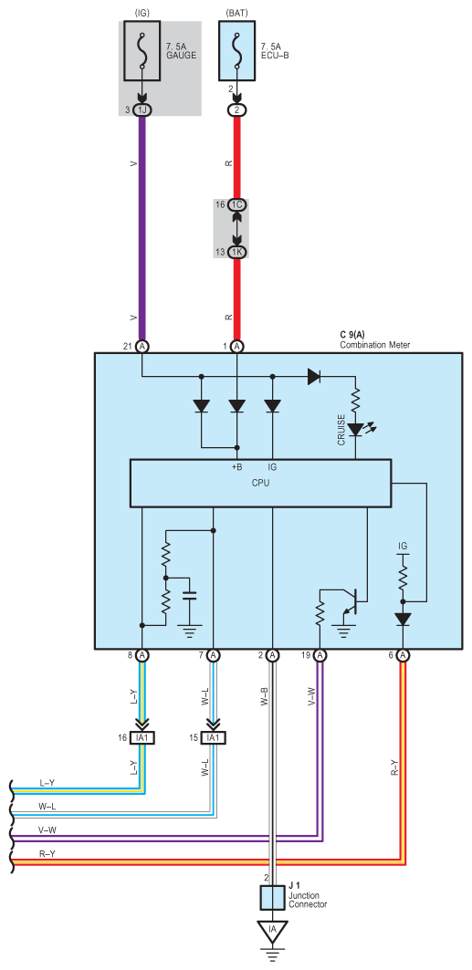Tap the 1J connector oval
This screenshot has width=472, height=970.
(143, 110)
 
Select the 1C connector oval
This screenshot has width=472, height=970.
(236, 205)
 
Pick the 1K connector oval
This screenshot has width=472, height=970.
(236, 252)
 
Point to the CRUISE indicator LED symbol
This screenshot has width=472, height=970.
(356, 429)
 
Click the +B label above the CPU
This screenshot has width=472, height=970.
(236, 466)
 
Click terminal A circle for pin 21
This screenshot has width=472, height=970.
(143, 346)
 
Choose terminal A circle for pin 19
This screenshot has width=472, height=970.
(320, 654)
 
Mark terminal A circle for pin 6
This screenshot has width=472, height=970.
(404, 654)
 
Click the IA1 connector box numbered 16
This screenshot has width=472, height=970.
(143, 737)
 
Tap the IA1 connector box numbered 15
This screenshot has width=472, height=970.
(214, 737)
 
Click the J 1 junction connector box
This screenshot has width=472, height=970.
(273, 897)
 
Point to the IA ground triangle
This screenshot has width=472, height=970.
(273, 931)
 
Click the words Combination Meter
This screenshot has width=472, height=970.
(373, 344)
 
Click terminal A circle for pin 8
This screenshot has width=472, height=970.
(143, 654)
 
